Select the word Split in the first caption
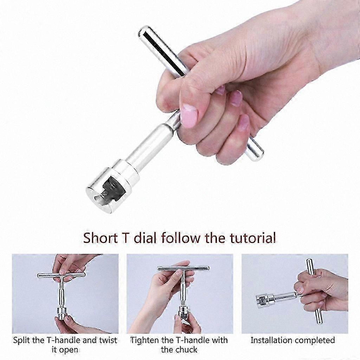(21, 340)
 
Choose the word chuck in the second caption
(186, 350)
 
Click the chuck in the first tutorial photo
(62, 314)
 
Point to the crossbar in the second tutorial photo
(183, 268)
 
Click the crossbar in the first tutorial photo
(61, 275)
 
